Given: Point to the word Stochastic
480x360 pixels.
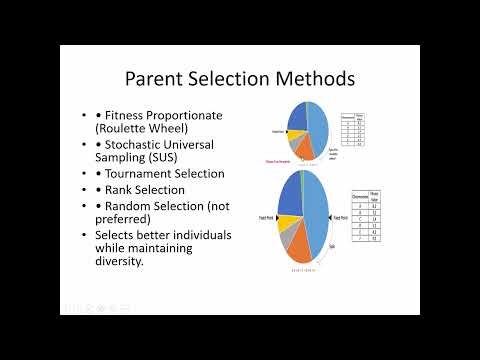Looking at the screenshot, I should [x=145, y=144].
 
